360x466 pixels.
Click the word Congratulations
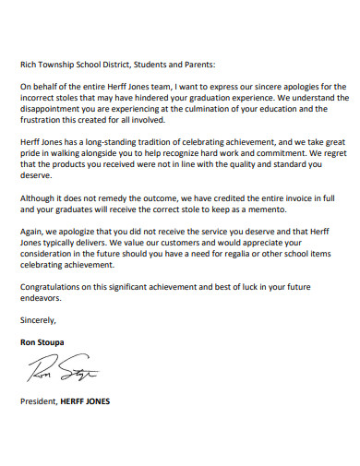click(x=53, y=287)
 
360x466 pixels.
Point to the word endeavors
click(x=42, y=298)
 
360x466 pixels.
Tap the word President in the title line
click(x=38, y=402)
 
